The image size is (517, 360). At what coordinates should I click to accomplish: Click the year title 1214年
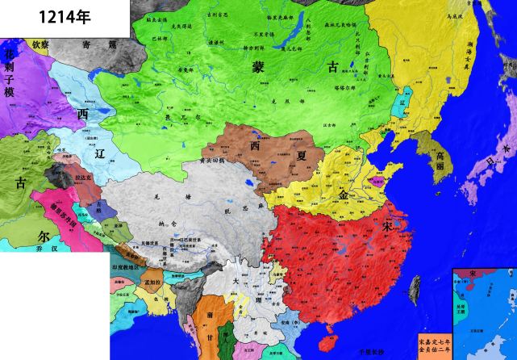(x=35, y=15)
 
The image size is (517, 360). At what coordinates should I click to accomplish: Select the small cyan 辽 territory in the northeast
(x=403, y=105)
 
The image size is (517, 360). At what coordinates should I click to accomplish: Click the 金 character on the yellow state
(x=344, y=194)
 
